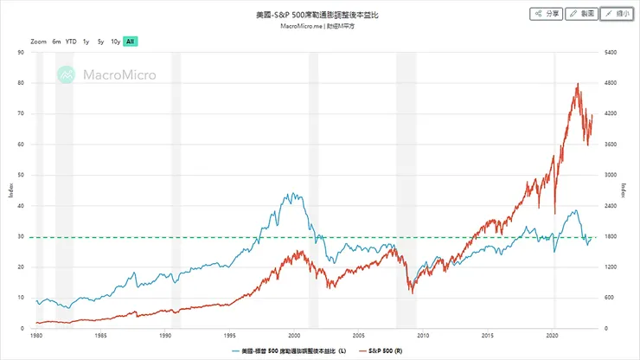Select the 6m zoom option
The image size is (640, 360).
(56, 41)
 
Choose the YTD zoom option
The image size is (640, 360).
(71, 41)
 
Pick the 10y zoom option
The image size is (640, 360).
(115, 41)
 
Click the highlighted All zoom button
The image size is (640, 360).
(130, 41)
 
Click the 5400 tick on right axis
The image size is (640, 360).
(609, 53)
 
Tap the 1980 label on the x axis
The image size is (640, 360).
(36, 335)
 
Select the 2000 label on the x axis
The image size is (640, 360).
(294, 335)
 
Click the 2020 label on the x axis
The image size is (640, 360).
(553, 335)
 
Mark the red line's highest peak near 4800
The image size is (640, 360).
(577, 84)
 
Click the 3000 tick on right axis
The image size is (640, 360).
(609, 175)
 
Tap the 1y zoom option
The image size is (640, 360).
(86, 41)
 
